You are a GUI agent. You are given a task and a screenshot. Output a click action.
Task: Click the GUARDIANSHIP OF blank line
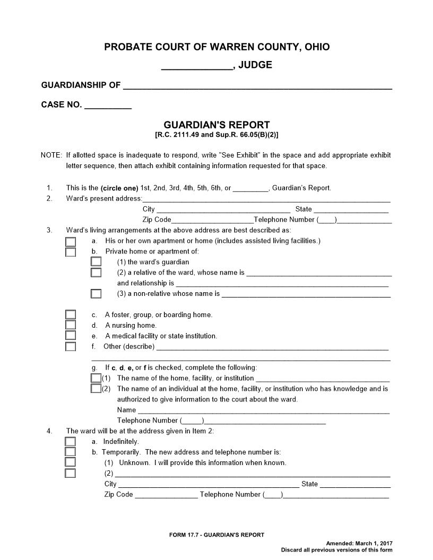click(x=257, y=86)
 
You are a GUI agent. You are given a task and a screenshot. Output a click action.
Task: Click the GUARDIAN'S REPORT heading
click(x=216, y=125)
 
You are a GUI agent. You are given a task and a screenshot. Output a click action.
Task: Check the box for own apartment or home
click(x=71, y=241)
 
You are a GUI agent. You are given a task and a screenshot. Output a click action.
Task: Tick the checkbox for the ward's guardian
click(x=96, y=262)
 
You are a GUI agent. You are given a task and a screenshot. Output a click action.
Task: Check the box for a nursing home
click(x=71, y=326)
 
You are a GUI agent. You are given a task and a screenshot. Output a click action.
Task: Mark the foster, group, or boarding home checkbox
click(x=71, y=315)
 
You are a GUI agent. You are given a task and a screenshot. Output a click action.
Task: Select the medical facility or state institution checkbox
click(x=71, y=336)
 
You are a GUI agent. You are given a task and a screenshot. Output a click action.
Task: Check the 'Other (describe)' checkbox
click(x=71, y=347)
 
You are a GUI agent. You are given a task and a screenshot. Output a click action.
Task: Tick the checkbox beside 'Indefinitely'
click(x=71, y=442)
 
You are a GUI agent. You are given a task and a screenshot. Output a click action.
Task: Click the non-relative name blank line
click(x=306, y=294)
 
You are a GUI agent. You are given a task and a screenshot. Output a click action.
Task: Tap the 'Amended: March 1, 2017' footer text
click(x=359, y=544)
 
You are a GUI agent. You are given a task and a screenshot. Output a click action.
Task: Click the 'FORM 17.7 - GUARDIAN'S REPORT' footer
click(x=216, y=535)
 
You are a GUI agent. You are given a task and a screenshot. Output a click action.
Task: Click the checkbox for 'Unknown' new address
click(x=71, y=463)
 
